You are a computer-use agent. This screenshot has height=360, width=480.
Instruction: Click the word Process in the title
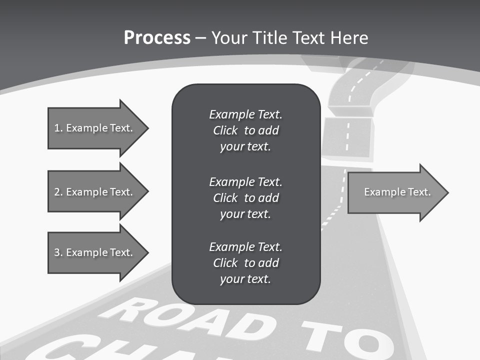[x=157, y=38]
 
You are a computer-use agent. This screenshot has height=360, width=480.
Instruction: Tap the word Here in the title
[x=349, y=38]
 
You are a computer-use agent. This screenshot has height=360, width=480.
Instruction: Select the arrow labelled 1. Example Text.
[x=95, y=128]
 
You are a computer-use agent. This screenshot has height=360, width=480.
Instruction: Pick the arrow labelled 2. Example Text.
[x=95, y=192]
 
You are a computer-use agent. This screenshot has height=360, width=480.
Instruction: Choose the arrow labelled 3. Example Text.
[x=95, y=252]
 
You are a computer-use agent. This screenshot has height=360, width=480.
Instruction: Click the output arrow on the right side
[x=395, y=192]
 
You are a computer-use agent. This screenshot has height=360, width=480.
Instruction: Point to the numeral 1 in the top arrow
[x=57, y=128]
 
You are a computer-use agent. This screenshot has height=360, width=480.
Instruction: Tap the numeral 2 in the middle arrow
[x=57, y=192]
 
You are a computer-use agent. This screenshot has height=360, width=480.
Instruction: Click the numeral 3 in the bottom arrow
[x=57, y=252]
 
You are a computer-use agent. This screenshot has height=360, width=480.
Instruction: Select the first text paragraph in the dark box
[x=245, y=130]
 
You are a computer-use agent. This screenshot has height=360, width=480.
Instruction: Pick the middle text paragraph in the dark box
[x=245, y=197]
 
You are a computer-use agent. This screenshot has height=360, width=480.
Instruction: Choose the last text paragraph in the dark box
[x=245, y=263]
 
